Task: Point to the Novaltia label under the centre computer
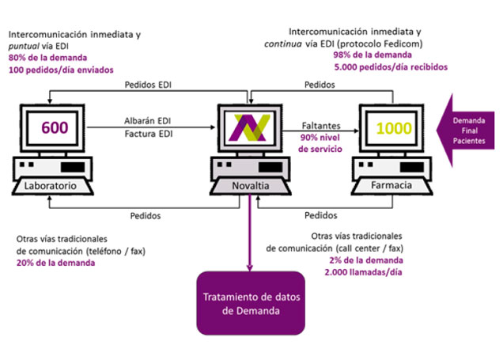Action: tap(250, 187)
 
